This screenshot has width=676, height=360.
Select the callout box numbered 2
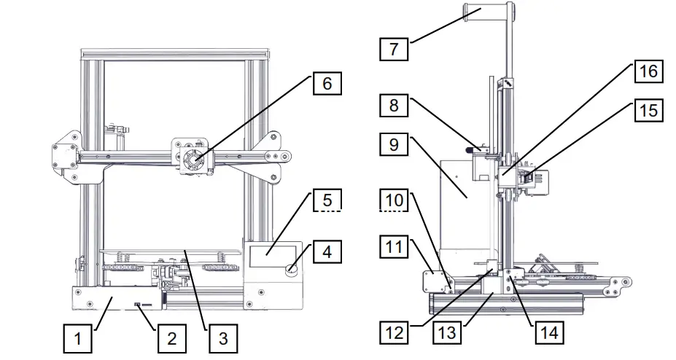pos(171,338)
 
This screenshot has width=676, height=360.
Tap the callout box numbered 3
pos(223,338)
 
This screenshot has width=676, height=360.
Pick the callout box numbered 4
pos(327,251)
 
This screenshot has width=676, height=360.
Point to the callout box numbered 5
pos(327,200)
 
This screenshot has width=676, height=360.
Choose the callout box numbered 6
pos(327,83)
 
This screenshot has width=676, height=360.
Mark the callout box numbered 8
pos(394,106)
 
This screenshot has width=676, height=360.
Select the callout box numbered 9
pos(394,145)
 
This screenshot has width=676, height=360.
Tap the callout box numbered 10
pos(394,200)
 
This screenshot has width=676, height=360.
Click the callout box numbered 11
pos(394,247)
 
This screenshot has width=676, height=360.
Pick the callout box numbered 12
pos(394,332)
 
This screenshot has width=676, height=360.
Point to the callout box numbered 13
pos(447,332)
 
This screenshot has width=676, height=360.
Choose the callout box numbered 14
pos(549,332)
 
